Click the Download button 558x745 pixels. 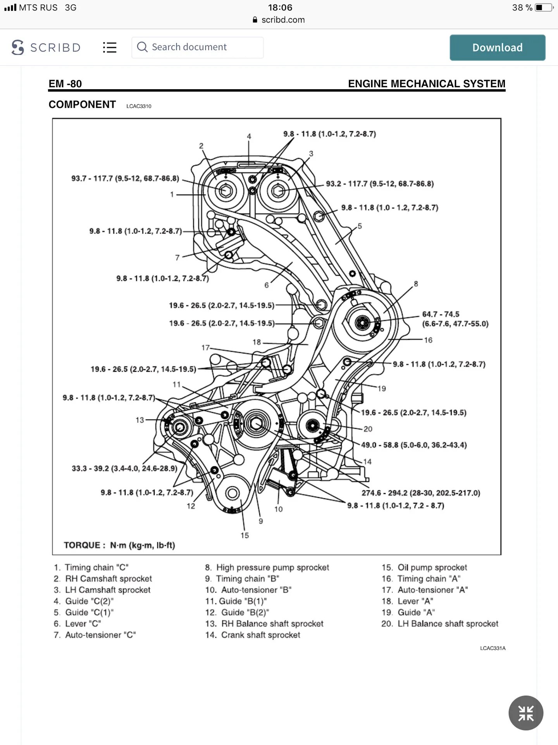click(x=497, y=47)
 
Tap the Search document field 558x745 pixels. click(x=198, y=47)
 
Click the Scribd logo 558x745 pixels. click(x=46, y=47)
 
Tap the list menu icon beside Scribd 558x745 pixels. click(x=110, y=47)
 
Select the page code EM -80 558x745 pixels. click(x=65, y=84)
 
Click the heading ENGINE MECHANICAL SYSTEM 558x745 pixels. click(x=426, y=84)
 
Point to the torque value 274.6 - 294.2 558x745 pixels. click(x=421, y=493)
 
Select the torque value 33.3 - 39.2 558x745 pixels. click(x=124, y=468)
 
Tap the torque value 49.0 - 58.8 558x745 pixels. click(x=414, y=445)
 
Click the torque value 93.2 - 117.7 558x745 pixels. click(x=380, y=184)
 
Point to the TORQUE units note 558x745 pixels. click(x=119, y=545)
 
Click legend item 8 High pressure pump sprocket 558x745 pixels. click(x=267, y=567)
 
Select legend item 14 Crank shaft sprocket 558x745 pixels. click(x=253, y=635)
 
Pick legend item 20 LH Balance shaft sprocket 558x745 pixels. click(x=440, y=624)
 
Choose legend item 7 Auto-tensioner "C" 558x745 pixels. click(x=95, y=635)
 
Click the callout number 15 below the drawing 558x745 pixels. click(x=245, y=535)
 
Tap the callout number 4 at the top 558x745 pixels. click(x=249, y=136)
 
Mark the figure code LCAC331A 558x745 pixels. click(x=493, y=648)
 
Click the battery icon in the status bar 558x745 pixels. click(x=543, y=7)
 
